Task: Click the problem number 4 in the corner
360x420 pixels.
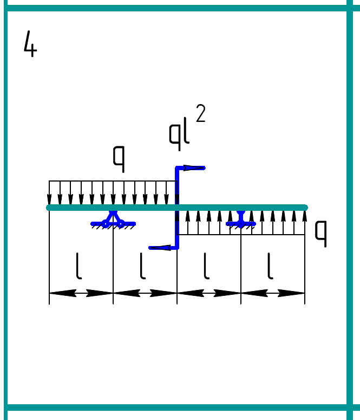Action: click(x=30, y=44)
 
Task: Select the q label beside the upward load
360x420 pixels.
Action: click(x=321, y=234)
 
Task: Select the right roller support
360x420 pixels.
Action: click(x=241, y=219)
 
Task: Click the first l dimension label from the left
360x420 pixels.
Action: click(x=79, y=267)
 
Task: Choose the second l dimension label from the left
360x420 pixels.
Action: click(x=142, y=267)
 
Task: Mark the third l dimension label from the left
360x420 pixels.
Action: click(x=206, y=267)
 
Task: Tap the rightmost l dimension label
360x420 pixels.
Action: click(x=270, y=267)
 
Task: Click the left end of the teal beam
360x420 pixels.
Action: click(x=49, y=208)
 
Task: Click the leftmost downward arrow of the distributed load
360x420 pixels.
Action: click(x=50, y=193)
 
